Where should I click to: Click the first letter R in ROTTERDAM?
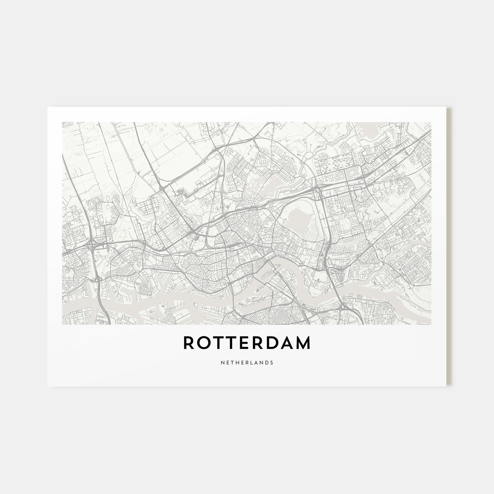pos(189,343)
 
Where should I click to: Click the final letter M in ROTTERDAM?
pos(304,343)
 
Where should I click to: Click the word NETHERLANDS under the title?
pos(247,362)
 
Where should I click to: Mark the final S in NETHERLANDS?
pos(272,362)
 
